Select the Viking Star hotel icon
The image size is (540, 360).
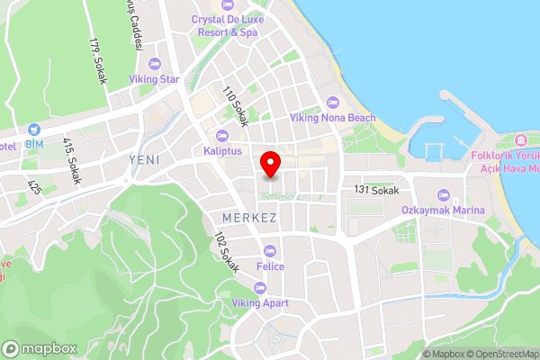tap(153, 64)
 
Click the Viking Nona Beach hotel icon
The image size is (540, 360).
tap(333, 102)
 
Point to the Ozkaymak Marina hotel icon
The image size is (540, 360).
tap(442, 194)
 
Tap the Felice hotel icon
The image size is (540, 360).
tap(269, 250)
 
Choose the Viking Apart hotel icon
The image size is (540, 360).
tap(260, 288)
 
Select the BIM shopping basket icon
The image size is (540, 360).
tap(34, 130)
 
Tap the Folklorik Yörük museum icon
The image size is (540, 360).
tap(520, 140)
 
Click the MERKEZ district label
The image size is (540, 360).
tap(249, 219)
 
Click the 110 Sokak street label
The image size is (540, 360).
tap(234, 106)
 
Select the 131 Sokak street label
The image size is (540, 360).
tap(375, 191)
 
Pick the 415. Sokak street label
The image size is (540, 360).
tap(72, 160)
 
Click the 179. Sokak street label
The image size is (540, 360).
tap(98, 60)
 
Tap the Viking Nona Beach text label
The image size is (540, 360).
tap(331, 118)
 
